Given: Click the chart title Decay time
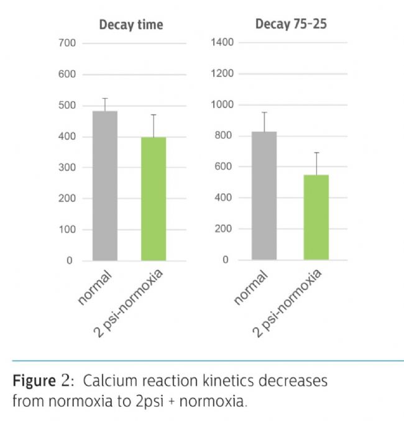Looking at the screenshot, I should click(131, 25).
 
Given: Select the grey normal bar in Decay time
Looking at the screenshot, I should click(105, 186).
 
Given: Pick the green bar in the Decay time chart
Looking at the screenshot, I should click(154, 199).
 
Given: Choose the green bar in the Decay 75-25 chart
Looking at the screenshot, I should click(316, 217).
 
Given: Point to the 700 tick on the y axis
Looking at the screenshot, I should click(67, 43).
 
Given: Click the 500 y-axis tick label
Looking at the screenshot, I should click(67, 106).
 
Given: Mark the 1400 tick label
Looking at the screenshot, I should click(221, 43).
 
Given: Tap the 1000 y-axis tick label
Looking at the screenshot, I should click(221, 105).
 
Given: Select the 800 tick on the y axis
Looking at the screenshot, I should click(224, 136).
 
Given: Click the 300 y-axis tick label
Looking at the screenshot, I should click(67, 168).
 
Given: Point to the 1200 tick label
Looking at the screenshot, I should click(221, 74).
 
